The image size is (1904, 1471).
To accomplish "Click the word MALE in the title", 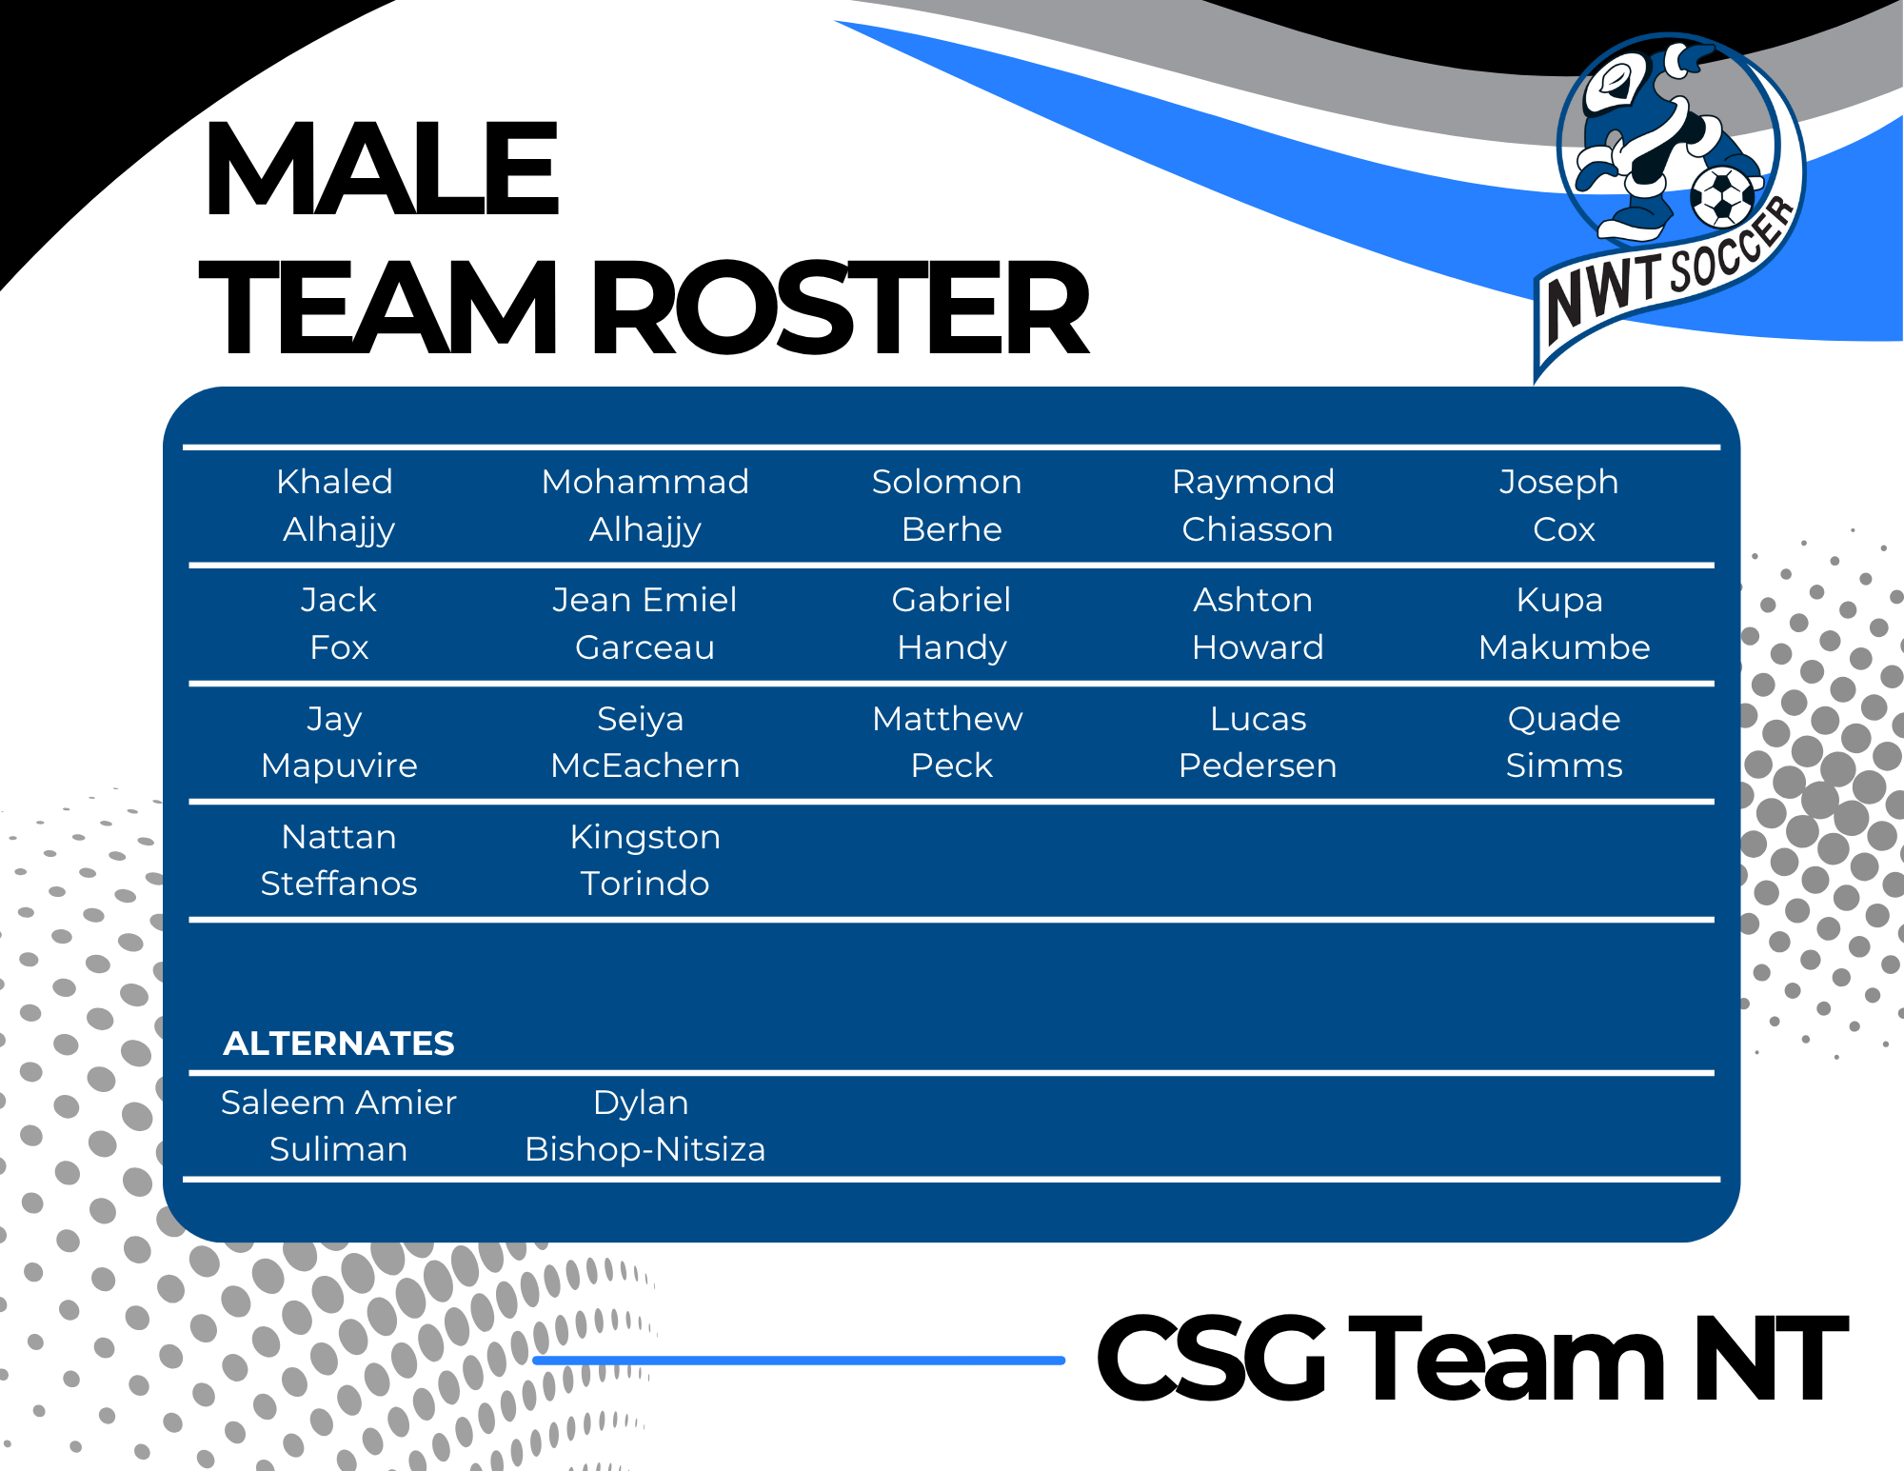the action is (381, 169).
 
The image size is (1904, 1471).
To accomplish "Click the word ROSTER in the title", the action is (842, 308).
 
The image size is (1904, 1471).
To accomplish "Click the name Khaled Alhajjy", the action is (337, 506).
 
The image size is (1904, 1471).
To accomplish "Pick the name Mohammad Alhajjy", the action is (645, 506).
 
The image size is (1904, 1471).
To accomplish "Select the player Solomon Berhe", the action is (948, 506).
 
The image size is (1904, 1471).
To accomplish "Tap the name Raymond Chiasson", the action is (1255, 506).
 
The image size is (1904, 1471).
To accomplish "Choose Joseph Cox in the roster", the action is (1561, 506).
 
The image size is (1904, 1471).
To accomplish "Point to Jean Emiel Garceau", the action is (645, 624).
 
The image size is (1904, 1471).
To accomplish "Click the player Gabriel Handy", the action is (951, 624).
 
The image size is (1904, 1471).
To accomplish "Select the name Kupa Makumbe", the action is (1564, 624).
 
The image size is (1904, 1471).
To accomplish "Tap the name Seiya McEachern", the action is (645, 742).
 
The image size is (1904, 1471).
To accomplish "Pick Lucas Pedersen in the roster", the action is (1258, 742).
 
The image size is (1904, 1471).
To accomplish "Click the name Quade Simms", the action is (1564, 742).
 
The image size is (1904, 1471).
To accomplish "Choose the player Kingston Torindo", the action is (645, 860).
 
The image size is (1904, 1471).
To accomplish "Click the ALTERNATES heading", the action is (339, 1044).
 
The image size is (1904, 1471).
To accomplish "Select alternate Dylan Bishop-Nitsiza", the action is (645, 1125).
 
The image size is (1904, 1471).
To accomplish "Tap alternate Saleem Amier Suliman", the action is (339, 1125).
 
